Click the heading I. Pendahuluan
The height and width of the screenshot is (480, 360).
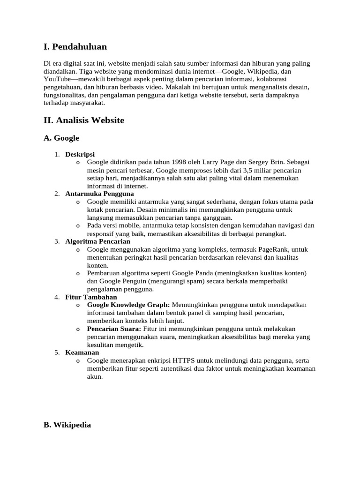pyautogui.click(x=75, y=47)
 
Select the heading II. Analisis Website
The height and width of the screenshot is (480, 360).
pyautogui.click(x=84, y=120)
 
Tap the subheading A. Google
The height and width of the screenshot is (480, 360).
pyautogui.click(x=61, y=138)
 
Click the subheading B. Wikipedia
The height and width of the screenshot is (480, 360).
pyautogui.click(x=67, y=425)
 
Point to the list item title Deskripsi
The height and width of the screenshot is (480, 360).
pyautogui.click(x=80, y=154)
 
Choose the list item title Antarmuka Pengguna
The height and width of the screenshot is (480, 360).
pyautogui.click(x=99, y=194)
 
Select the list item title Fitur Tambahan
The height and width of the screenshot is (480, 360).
pyautogui.click(x=91, y=297)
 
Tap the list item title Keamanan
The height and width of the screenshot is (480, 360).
pyautogui.click(x=82, y=352)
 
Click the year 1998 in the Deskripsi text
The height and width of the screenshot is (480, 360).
pyautogui.click(x=180, y=162)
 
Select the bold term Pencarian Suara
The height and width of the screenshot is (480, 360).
pyautogui.click(x=113, y=329)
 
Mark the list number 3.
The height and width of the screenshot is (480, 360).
pyautogui.click(x=57, y=241)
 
